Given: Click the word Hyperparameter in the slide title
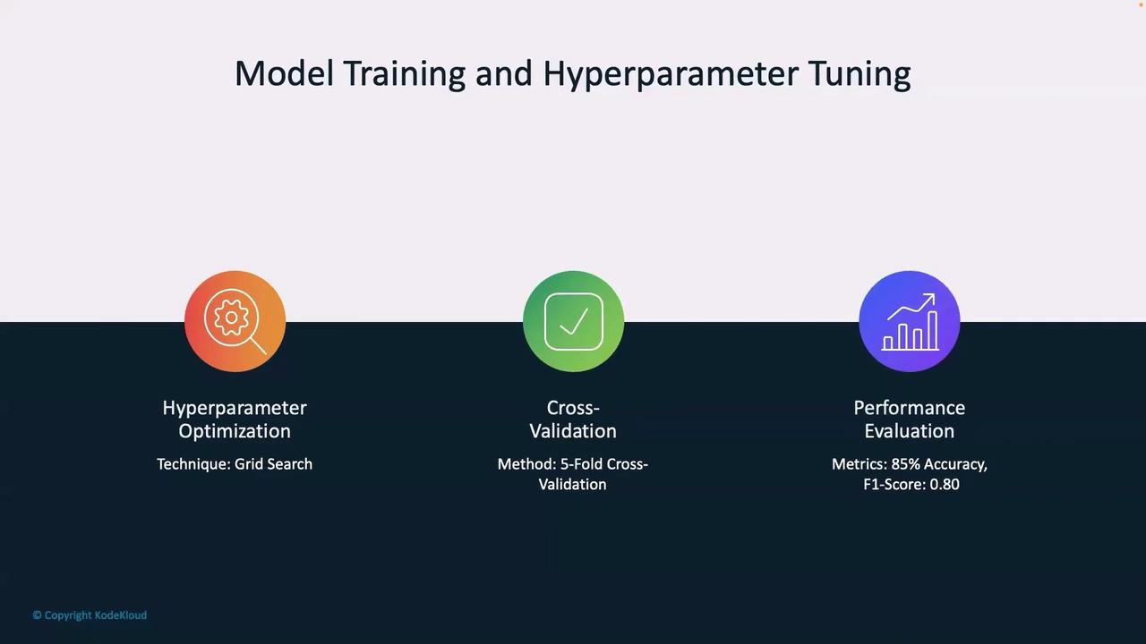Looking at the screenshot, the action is point(671,75).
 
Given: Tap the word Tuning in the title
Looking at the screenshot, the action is point(860,75).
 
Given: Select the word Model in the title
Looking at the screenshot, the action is point(284,73).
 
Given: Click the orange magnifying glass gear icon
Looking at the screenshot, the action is point(235,321).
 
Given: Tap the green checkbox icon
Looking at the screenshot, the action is point(574,321).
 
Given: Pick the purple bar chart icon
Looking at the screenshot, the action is point(910,321).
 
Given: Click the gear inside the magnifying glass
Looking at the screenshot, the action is point(231,318).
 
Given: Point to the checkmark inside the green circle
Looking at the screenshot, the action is point(574,322).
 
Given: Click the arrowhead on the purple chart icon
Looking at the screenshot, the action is point(929,299).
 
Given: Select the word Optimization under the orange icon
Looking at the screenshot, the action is point(235,431).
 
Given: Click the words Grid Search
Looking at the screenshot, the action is point(273,464).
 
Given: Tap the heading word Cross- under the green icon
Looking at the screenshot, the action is point(573,408).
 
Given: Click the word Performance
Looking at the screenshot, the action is point(910,408).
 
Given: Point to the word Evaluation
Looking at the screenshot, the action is point(910,431).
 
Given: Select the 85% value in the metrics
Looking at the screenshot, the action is point(905,464).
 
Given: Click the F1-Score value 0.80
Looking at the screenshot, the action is point(945,485).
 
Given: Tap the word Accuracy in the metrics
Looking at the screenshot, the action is point(955,465).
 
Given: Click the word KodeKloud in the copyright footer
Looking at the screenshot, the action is point(121,615).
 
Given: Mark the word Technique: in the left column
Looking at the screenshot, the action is point(193,464).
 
